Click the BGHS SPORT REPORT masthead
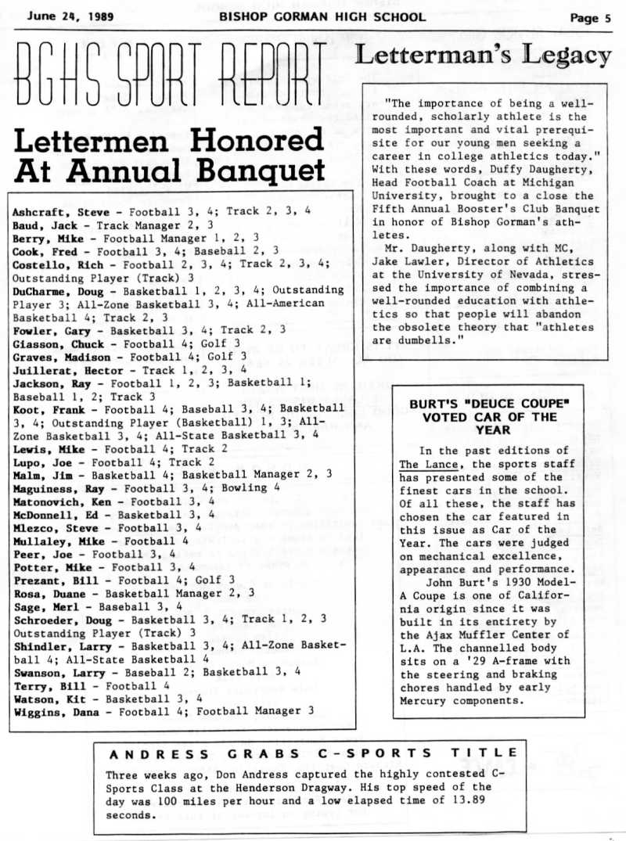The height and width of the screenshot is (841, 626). pyautogui.click(x=171, y=77)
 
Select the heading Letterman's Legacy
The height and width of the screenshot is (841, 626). pyautogui.click(x=484, y=56)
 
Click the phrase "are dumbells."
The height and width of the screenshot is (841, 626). pyautogui.click(x=419, y=340)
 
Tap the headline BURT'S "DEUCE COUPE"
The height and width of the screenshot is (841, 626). pyautogui.click(x=489, y=404)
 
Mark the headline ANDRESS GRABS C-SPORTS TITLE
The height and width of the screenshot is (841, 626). pyautogui.click(x=313, y=754)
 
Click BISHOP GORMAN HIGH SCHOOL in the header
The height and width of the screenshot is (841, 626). pyautogui.click(x=322, y=16)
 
